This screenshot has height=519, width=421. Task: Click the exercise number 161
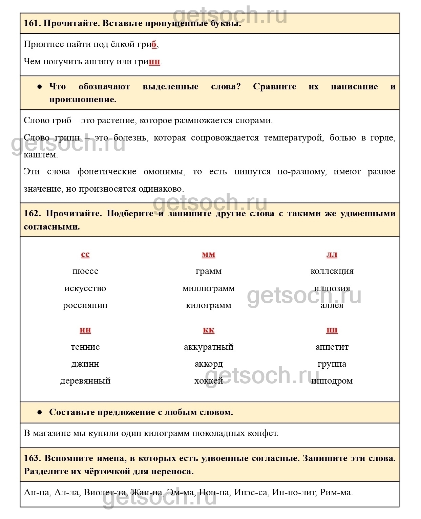[31, 23]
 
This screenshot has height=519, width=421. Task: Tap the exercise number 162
[32, 213]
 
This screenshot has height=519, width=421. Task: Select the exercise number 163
[32, 458]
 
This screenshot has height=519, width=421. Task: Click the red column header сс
[85, 254]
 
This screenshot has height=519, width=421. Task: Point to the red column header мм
[209, 254]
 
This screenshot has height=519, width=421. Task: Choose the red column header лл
[332, 254]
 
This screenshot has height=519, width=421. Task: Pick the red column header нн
[85, 330]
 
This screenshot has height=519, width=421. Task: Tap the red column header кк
[209, 330]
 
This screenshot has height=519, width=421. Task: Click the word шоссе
[85, 271]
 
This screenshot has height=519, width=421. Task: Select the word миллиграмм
[209, 288]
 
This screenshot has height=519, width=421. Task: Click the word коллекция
[332, 271]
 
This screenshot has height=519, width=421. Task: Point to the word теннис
[85, 347]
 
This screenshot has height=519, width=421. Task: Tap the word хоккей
[209, 381]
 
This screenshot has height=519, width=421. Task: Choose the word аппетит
[332, 347]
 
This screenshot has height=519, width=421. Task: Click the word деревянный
[85, 381]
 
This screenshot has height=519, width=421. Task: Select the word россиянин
[85, 305]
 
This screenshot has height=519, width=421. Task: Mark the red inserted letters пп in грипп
[154, 62]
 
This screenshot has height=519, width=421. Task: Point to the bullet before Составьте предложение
[40, 412]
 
